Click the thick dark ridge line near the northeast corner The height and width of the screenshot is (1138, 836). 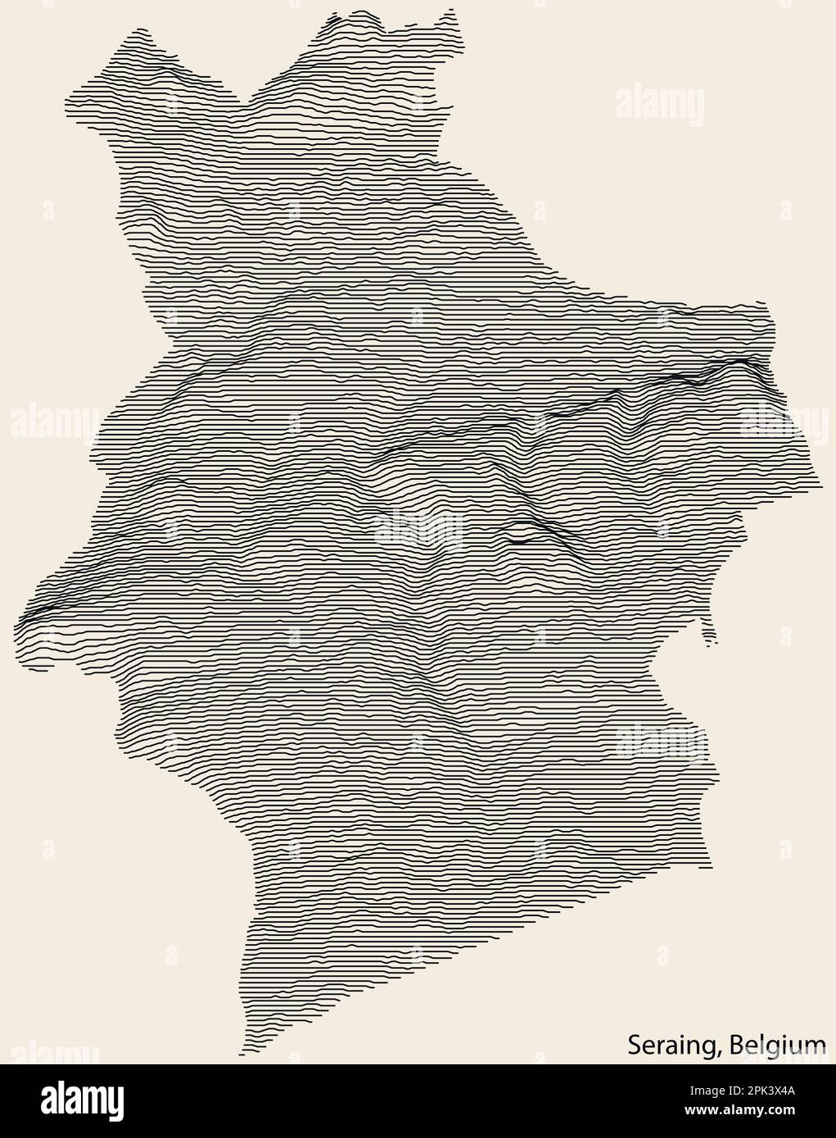point(729,364)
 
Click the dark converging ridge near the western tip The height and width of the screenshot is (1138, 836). point(41,606)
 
